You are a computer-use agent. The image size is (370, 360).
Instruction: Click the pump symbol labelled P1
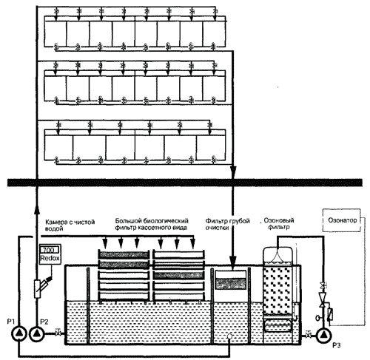[x=18, y=333]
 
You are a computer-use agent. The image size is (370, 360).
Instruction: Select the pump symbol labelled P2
[x=37, y=333]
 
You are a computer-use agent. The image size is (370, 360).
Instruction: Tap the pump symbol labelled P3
[x=323, y=335]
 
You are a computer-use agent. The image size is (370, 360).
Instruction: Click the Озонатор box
[x=342, y=220]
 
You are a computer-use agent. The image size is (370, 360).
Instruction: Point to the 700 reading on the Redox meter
[x=49, y=250]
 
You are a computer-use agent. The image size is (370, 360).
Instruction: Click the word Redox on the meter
[x=50, y=258]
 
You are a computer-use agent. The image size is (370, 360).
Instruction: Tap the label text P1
[x=11, y=322]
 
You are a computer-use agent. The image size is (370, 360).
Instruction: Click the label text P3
[x=336, y=345]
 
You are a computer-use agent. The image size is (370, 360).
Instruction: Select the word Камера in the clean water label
[x=55, y=223]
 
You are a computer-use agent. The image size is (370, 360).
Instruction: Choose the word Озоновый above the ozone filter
[x=279, y=220]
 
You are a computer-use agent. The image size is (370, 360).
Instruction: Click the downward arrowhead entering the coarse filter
[x=233, y=261]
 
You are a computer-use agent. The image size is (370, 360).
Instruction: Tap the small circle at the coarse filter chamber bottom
[x=229, y=336]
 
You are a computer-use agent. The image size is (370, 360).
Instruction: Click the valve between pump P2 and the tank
[x=58, y=333]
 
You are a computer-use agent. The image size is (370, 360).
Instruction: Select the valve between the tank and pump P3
[x=308, y=335]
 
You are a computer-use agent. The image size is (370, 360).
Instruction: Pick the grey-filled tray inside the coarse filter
[x=231, y=283]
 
